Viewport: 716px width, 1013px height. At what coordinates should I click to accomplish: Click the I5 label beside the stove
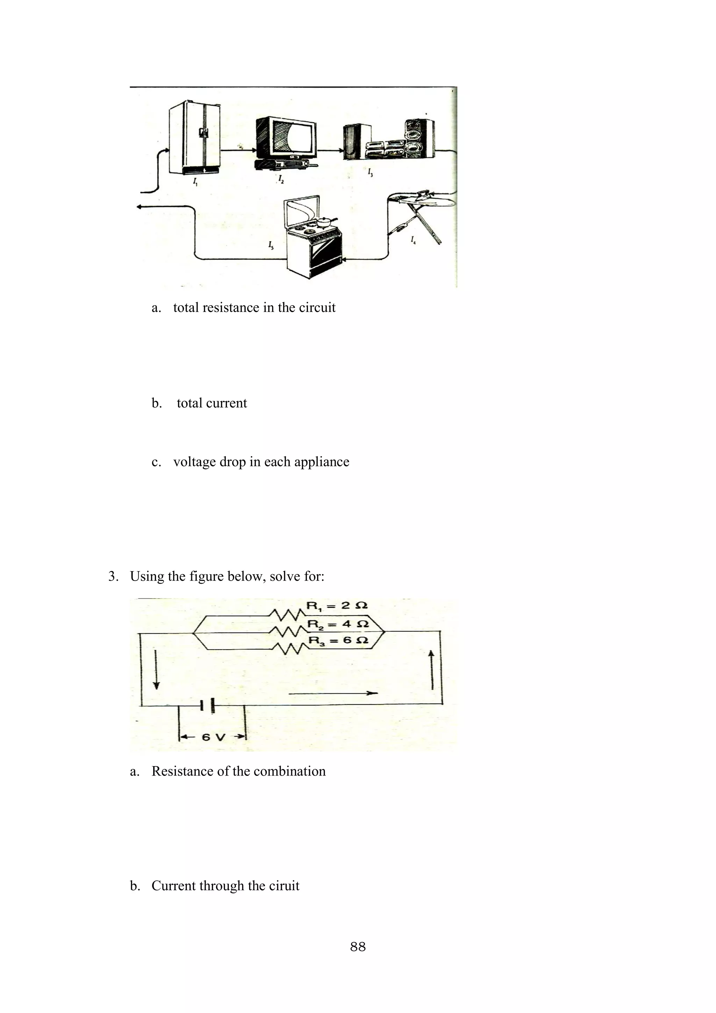271,245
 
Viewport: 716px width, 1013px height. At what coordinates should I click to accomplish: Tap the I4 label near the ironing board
413,240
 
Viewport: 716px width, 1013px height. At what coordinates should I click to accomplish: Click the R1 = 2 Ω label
337,606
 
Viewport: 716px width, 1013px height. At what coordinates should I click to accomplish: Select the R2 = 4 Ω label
338,624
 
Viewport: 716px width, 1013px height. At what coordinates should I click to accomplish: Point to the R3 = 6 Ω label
338,640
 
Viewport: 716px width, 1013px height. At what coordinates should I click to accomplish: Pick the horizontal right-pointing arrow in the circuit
333,693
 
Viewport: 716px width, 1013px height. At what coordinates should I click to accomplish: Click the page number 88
358,947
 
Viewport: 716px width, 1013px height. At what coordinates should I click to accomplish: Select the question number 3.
113,576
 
